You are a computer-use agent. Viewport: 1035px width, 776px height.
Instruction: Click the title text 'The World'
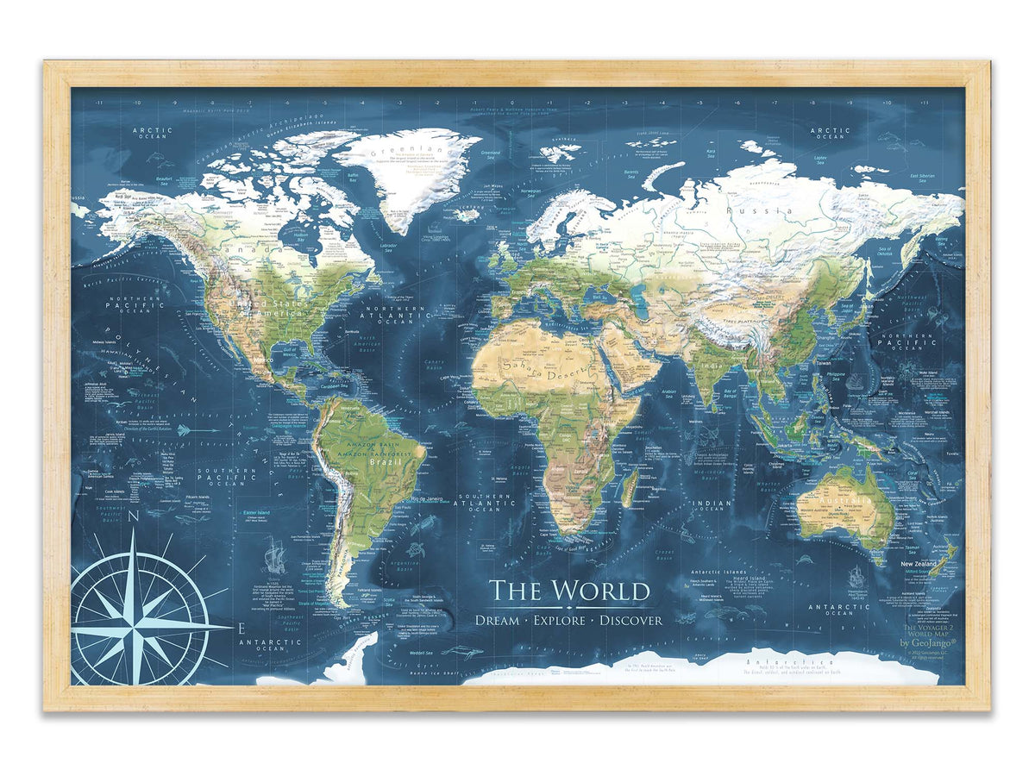click(x=569, y=591)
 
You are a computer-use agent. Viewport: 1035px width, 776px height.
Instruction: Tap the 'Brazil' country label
click(x=376, y=462)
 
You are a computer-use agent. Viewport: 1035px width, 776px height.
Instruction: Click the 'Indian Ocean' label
click(x=712, y=505)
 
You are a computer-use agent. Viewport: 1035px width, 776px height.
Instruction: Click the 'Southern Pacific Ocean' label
click(x=226, y=477)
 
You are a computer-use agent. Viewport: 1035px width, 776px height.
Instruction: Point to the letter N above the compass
click(x=134, y=518)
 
